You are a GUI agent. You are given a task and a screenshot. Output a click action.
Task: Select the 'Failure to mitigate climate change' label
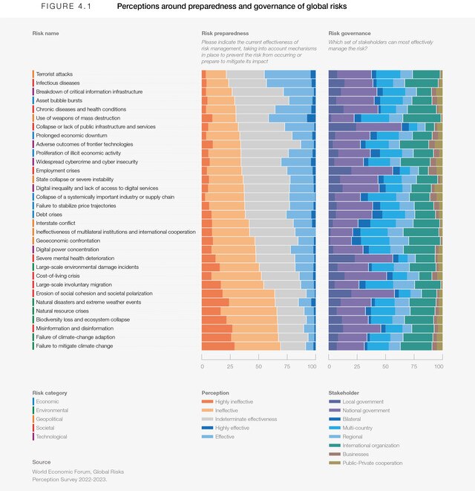(x=74, y=345)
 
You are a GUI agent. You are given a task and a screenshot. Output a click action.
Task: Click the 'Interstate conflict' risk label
(x=57, y=223)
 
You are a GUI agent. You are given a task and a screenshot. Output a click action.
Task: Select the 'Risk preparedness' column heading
(x=225, y=33)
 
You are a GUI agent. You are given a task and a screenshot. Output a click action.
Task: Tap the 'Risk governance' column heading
(x=350, y=33)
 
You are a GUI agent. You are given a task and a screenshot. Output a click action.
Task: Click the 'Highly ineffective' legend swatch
(x=207, y=402)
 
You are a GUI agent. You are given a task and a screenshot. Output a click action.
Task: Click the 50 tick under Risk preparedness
(x=258, y=366)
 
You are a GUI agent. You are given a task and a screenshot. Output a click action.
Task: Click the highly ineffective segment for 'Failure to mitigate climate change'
(x=218, y=345)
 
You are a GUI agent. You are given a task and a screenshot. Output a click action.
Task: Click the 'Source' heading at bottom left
(x=42, y=462)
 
